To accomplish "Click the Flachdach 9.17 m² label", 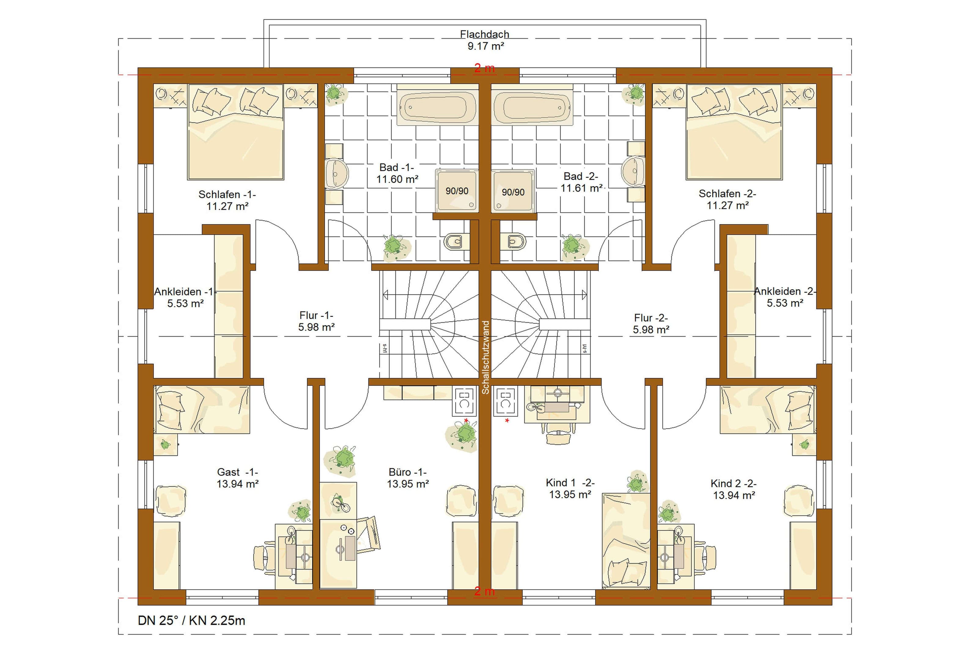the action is click(x=485, y=40).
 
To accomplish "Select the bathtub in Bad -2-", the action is click(x=532, y=105).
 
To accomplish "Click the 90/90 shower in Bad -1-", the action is click(x=457, y=191).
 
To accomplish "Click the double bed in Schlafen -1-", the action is click(x=236, y=132).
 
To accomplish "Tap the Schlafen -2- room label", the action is click(x=727, y=199).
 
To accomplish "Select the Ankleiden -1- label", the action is click(x=185, y=297).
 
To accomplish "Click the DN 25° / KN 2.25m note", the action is click(x=192, y=621).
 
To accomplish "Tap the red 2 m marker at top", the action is click(x=485, y=68).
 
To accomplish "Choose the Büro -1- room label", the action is click(x=408, y=478).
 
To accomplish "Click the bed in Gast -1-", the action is click(x=202, y=410).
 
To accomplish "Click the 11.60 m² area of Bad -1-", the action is click(x=397, y=179).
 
